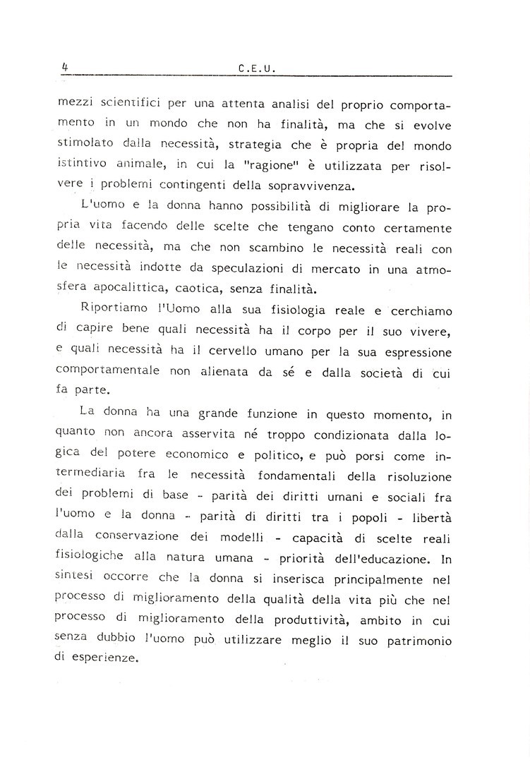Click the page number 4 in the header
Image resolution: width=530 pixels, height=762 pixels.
[x=64, y=67]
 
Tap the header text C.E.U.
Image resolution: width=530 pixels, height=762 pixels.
[x=256, y=69]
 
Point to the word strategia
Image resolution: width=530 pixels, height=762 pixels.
[x=291, y=145]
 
